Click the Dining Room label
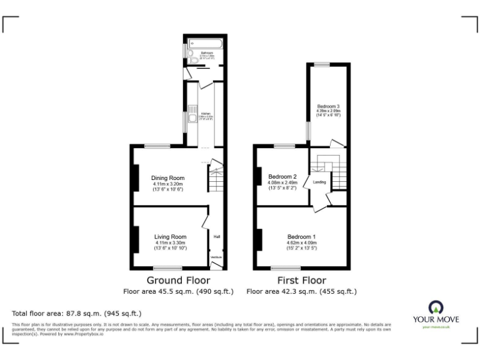(x=168, y=178)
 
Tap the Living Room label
(x=171, y=237)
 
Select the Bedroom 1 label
(x=301, y=237)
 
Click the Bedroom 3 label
(x=328, y=106)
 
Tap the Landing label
(x=319, y=182)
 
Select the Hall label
(x=217, y=237)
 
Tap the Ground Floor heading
(x=178, y=280)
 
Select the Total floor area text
(x=77, y=313)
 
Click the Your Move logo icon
(x=435, y=307)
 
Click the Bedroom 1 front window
(x=283, y=268)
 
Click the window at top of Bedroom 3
(x=322, y=64)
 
